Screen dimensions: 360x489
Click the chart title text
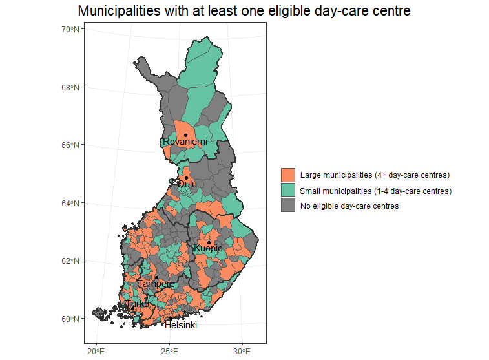pyautogui.click(x=244, y=11)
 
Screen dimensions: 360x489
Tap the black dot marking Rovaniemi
pyautogui.click(x=185, y=135)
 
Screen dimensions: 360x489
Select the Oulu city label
pyautogui.click(x=187, y=184)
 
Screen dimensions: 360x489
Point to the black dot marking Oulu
pyautogui.click(x=187, y=178)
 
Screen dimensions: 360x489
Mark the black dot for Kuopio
pyautogui.click(x=209, y=242)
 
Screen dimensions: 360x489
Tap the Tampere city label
pyautogui.click(x=156, y=284)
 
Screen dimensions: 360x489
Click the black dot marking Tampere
pyautogui.click(x=156, y=277)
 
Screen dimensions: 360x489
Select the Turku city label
pyautogui.click(x=138, y=304)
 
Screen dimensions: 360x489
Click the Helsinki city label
pyautogui.click(x=181, y=326)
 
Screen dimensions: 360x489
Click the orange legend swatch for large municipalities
pyautogui.click(x=288, y=175)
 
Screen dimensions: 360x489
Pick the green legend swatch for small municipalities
pyautogui.click(x=288, y=191)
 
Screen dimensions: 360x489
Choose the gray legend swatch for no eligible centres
pyautogui.click(x=288, y=206)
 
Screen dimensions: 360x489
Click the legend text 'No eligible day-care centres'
pyautogui.click(x=349, y=206)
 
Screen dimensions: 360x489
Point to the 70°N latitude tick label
pyautogui.click(x=70, y=29)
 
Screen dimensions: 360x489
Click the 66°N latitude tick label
pyautogui.click(x=70, y=145)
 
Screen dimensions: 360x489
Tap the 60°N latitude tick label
pyautogui.click(x=70, y=319)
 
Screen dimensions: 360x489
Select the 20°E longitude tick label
pyautogui.click(x=96, y=351)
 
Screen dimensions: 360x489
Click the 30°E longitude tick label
pyautogui.click(x=242, y=351)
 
